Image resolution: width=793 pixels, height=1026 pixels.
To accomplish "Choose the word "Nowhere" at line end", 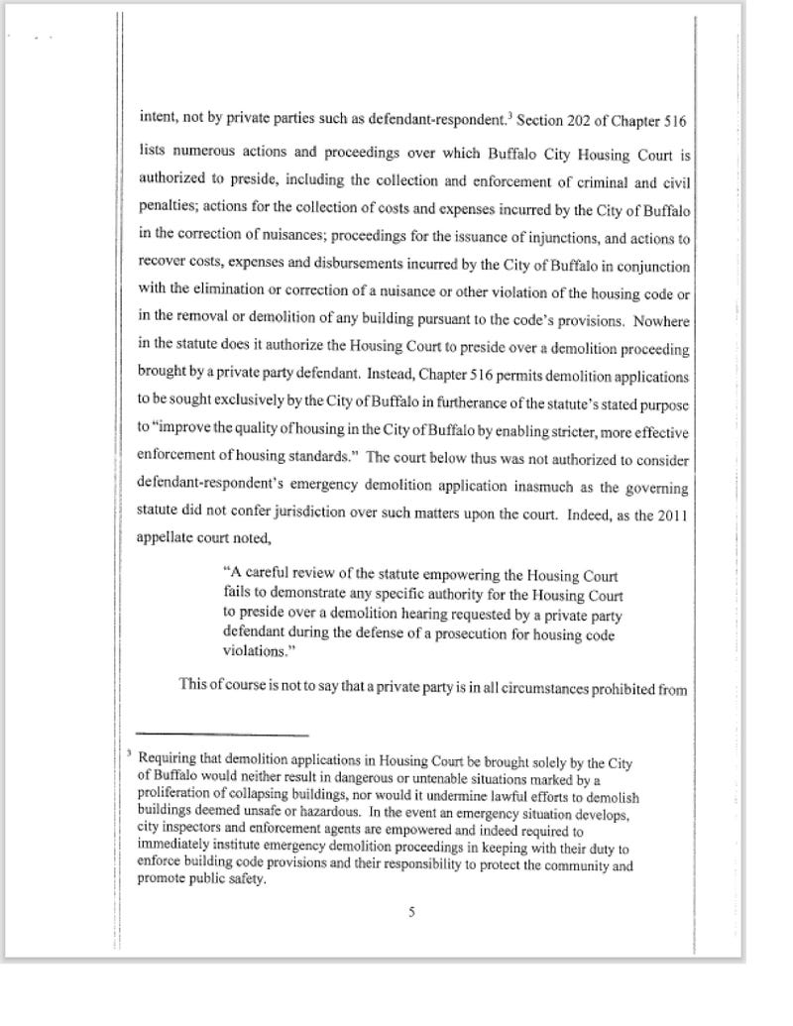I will coord(664,323).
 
